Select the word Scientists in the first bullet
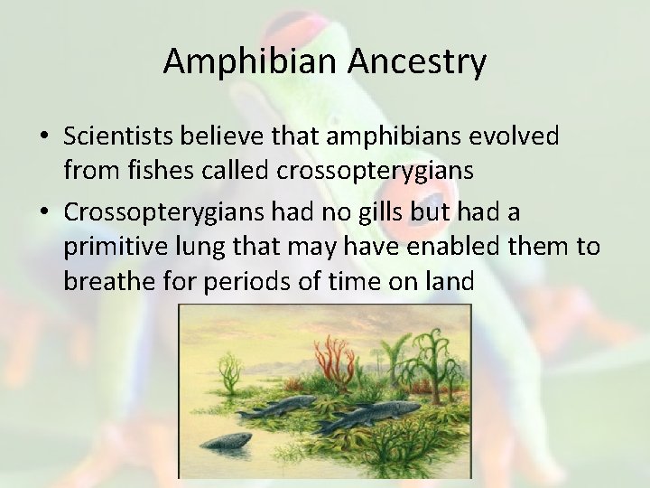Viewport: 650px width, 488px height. pyautogui.click(x=119, y=136)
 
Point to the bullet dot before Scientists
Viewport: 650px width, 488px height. pyautogui.click(x=44, y=137)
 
